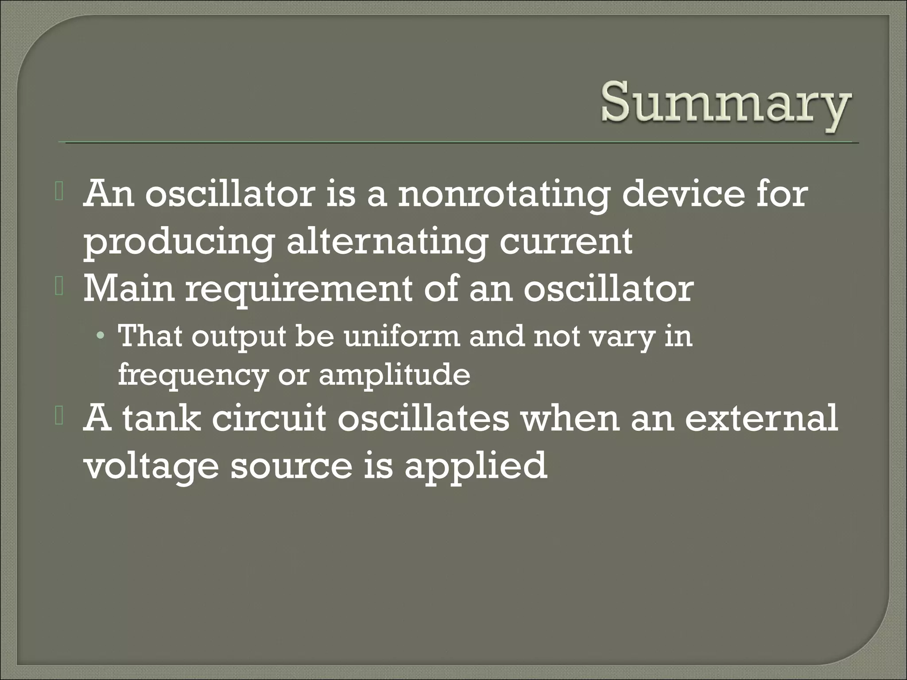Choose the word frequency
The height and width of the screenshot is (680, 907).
coord(193,375)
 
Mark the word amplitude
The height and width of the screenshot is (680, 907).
coord(394,375)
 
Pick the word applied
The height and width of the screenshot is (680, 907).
coord(476,466)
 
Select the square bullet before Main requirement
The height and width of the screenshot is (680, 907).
coord(59,289)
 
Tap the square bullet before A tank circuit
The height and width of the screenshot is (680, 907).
coord(59,418)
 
